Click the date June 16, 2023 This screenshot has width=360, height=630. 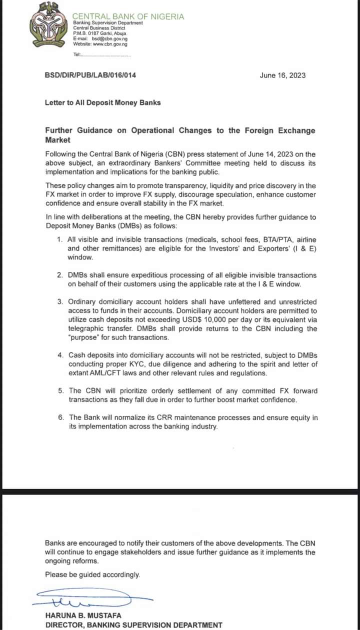[x=282, y=75]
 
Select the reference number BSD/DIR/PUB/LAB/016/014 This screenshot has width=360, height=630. [x=90, y=75]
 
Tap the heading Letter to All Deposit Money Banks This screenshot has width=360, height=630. [x=103, y=102]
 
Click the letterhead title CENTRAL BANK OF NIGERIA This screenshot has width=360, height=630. [x=128, y=16]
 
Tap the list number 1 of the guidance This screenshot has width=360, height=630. [x=59, y=240]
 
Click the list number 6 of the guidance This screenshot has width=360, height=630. [x=59, y=417]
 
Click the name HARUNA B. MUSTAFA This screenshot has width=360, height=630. [x=83, y=615]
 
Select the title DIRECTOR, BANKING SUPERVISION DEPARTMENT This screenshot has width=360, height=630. [x=133, y=624]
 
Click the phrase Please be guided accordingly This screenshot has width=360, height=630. [x=92, y=574]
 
